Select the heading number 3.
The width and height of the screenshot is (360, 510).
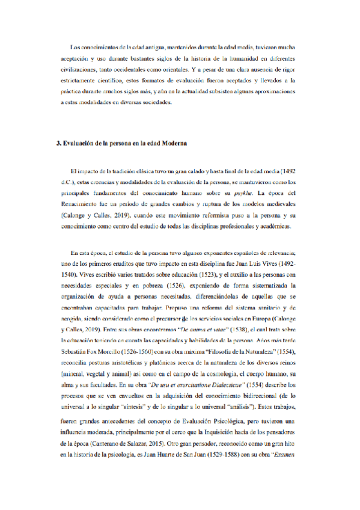56,144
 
